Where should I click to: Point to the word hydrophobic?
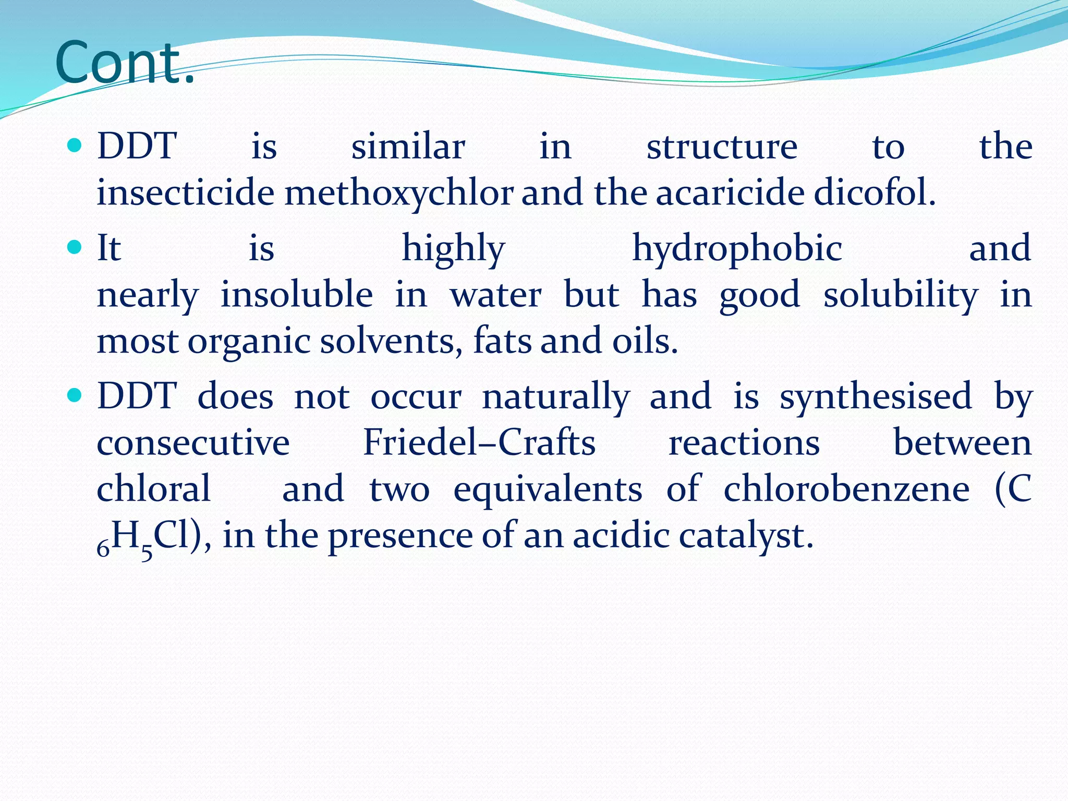[737, 249]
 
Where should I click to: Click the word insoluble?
[296, 295]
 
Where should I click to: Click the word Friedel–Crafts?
[479, 443]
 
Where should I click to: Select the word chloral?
[154, 489]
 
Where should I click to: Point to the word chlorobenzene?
[846, 489]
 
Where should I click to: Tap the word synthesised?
[876, 396]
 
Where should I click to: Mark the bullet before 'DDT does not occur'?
[75, 394]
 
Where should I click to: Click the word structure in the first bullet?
[722, 147]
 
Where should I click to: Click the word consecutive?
[193, 443]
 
